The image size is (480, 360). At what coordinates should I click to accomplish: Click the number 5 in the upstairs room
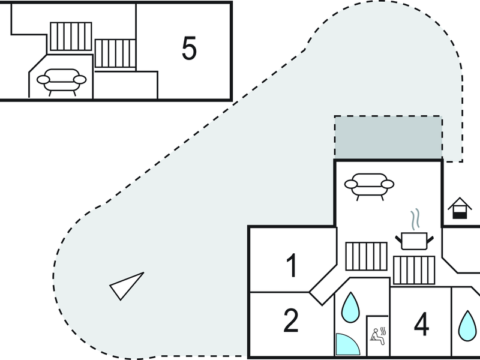coord(189,48)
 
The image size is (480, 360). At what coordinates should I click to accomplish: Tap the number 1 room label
coord(292,265)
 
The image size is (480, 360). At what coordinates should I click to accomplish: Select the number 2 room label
coord(290,320)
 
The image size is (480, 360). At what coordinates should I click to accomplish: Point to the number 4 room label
coord(421,324)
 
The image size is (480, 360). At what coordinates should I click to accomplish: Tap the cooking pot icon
coord(414,241)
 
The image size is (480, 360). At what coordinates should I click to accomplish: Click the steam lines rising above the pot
coord(415,220)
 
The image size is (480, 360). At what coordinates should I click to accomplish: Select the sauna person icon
coord(379,337)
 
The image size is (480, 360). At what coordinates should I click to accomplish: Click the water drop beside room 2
coord(350,308)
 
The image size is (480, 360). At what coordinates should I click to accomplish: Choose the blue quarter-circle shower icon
coord(347,344)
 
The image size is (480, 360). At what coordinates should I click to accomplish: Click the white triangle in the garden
coord(127,286)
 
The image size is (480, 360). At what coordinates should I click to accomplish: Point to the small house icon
coord(460,208)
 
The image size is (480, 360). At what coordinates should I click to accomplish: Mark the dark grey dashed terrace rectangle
coord(388,137)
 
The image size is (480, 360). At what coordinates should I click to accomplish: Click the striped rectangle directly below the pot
coord(414,271)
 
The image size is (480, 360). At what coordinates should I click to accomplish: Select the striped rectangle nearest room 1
coord(366,256)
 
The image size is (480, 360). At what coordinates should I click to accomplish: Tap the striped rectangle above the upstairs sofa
coord(71,37)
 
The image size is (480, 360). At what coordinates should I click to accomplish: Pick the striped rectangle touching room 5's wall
coord(115,53)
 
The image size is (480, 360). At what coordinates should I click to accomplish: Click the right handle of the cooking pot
coord(430,239)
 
